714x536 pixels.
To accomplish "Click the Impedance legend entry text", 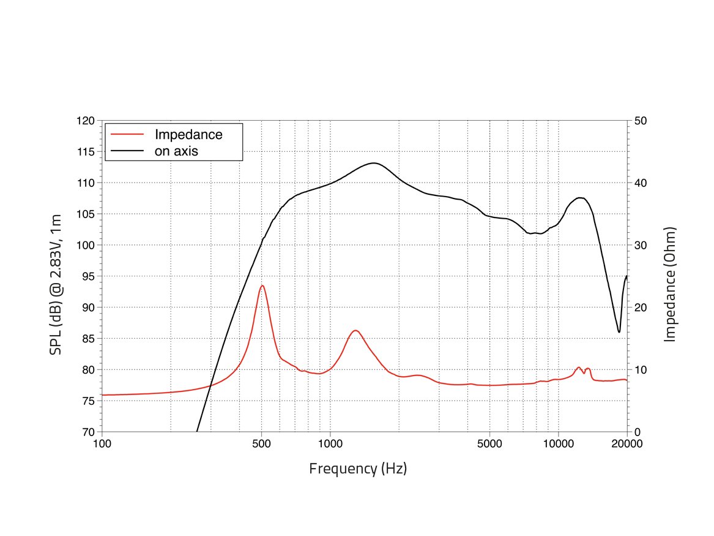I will click(188, 134).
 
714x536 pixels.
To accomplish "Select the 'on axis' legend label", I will click(177, 151).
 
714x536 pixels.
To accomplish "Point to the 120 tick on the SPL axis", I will click(86, 121).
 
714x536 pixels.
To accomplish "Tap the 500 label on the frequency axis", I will click(261, 445).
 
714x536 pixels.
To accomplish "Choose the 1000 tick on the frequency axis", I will click(330, 445).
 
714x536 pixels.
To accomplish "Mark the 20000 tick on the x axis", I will click(627, 445).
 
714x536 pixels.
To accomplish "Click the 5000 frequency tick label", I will click(489, 445).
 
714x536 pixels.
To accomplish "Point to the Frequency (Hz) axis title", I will click(358, 469).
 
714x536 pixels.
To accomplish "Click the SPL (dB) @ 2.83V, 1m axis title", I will click(56, 276).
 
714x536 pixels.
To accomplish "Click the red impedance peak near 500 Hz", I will click(262, 285).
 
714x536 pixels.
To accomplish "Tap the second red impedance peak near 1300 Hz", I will click(355, 330).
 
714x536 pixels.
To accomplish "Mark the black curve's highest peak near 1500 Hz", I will click(374, 163).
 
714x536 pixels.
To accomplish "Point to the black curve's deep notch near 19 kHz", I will click(619, 332).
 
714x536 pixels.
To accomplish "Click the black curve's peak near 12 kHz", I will click(580, 197).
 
